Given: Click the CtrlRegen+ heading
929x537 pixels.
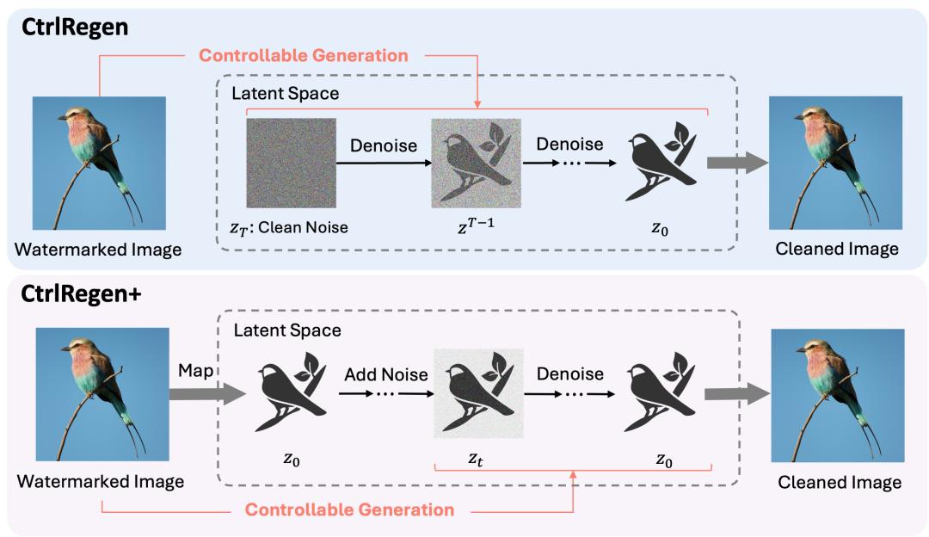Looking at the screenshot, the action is [81, 294].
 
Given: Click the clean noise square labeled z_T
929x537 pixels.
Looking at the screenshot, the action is [292, 163].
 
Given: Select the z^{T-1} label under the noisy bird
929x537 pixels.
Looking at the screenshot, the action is [476, 225].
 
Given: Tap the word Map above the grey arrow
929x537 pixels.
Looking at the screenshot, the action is [195, 370].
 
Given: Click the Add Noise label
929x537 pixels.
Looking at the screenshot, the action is [386, 374].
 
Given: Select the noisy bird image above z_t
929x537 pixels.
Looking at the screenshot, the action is [479, 393].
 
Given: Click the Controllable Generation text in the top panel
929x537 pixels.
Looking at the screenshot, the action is [304, 55].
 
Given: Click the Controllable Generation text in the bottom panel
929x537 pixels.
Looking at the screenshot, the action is [349, 509].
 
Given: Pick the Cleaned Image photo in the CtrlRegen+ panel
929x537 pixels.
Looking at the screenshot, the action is [838, 395].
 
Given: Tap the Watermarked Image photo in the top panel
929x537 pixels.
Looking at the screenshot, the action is [99, 163].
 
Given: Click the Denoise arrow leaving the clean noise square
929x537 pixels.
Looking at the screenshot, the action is [384, 163].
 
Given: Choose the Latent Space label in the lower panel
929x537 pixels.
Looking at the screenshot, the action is [287, 330].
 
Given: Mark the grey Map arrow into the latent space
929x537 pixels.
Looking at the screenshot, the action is [207, 393].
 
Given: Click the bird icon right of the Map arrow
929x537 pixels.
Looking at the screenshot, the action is [291, 392].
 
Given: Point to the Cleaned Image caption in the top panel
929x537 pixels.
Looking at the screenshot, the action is [837, 249].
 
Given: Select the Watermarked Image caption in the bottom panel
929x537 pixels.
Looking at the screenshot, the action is [100, 481].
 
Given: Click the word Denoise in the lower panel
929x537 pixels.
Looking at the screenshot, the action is [570, 374].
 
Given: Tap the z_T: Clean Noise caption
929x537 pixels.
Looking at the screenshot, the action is [289, 227].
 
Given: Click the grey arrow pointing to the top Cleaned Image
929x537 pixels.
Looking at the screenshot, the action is [738, 163].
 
